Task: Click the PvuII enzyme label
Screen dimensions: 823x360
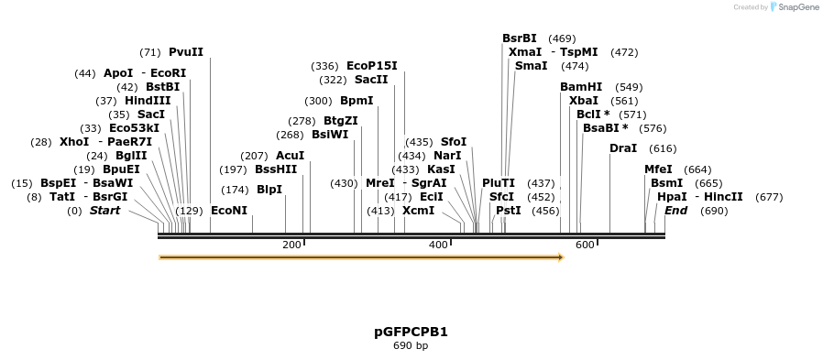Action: click(x=186, y=52)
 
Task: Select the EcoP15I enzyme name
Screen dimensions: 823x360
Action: click(x=372, y=66)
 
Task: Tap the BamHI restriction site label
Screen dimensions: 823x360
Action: click(x=581, y=87)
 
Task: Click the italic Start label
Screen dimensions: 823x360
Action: click(x=104, y=211)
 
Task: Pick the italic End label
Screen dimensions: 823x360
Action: click(x=676, y=211)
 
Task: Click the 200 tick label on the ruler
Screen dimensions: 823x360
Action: click(x=291, y=245)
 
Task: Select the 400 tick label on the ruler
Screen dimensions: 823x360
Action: click(x=438, y=245)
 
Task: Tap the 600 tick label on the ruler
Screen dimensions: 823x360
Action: click(x=585, y=245)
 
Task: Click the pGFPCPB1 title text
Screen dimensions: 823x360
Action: click(x=411, y=332)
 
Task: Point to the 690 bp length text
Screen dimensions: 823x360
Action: click(x=411, y=346)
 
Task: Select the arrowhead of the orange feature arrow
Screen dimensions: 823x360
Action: click(x=559, y=257)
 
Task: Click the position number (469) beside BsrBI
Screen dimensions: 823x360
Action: click(x=562, y=38)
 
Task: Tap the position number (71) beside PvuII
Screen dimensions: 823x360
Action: click(x=150, y=52)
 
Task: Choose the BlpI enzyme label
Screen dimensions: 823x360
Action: click(x=269, y=190)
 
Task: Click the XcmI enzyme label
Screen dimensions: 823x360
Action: click(x=418, y=211)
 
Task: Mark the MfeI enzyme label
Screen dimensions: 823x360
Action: click(x=658, y=169)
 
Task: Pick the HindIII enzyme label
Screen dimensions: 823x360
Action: click(x=148, y=101)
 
